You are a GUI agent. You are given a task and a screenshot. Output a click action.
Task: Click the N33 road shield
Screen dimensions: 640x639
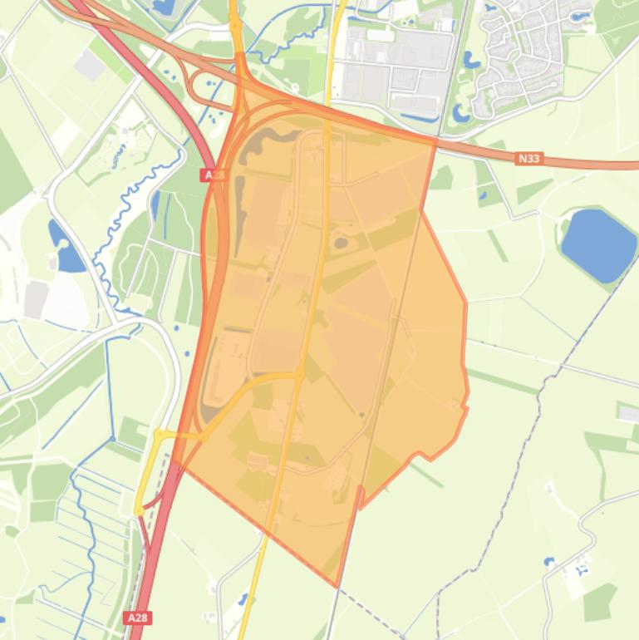click(x=529, y=158)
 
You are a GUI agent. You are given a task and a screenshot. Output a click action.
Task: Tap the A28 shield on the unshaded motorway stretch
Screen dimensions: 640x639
click(x=138, y=618)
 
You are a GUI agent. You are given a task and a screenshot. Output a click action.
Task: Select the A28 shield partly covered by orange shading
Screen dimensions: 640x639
click(x=213, y=175)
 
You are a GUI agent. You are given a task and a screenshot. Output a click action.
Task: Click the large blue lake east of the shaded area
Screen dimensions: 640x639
click(x=598, y=244)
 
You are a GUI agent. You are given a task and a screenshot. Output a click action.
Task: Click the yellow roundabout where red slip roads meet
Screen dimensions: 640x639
click(x=139, y=510)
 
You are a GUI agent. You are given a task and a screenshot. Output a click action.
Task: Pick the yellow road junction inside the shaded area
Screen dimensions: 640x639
click(x=300, y=375)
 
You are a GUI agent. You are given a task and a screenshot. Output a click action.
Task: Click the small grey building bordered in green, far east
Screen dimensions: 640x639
click(x=629, y=412)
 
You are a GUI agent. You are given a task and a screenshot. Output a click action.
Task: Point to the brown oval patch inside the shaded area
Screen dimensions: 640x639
click(x=341, y=244)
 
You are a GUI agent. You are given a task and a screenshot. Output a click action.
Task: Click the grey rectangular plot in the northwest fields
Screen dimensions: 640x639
click(x=89, y=64)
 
